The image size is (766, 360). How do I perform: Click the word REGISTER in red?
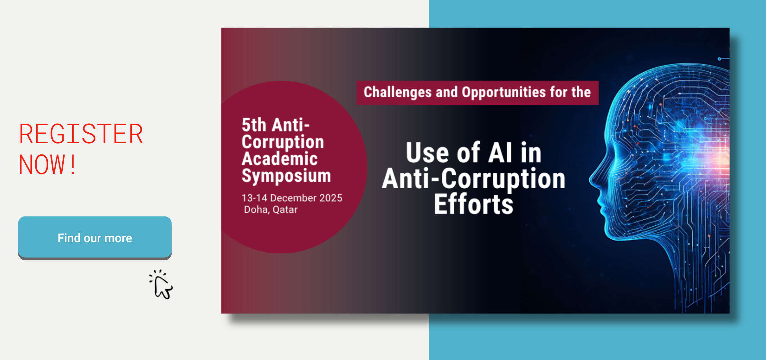tap(81, 134)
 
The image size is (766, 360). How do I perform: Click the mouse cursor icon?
tap(161, 285)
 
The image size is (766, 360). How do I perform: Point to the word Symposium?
tap(286, 176)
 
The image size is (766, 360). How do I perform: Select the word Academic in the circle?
tap(280, 159)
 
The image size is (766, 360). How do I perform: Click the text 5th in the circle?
tap(254, 125)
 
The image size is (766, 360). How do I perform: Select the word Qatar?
tap(285, 210)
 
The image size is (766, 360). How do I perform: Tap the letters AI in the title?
tap(500, 153)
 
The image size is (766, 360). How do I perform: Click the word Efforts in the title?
tap(474, 204)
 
